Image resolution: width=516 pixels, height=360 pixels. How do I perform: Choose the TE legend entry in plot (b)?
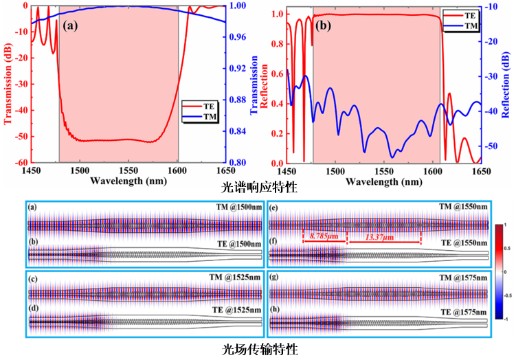click(467, 12)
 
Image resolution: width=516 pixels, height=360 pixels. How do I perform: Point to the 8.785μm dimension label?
click(324, 235)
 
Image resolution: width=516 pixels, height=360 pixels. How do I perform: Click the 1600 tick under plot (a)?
click(177, 170)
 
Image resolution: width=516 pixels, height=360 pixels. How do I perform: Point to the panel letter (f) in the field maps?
click(273, 242)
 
